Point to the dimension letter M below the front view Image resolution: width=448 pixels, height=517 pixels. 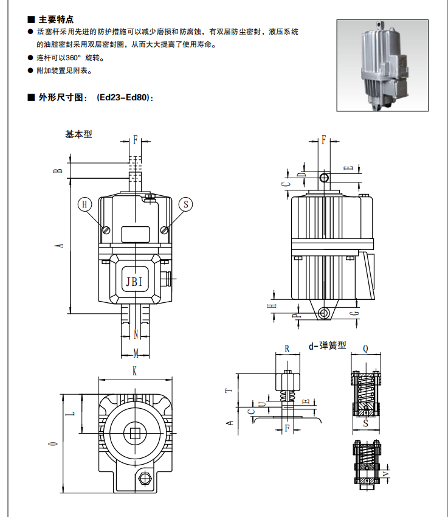pyautogui.click(x=136, y=353)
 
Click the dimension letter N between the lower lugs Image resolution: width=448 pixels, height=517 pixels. pyautogui.click(x=136, y=334)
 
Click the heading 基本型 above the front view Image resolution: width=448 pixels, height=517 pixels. pyautogui.click(x=79, y=134)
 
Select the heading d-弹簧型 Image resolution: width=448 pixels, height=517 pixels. pyautogui.click(x=327, y=345)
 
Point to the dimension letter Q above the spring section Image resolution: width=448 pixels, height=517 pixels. pyautogui.click(x=366, y=349)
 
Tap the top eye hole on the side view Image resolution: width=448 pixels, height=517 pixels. pyautogui.click(x=325, y=177)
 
